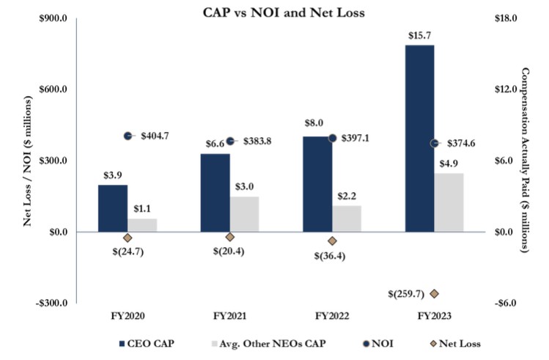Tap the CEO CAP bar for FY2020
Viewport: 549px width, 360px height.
point(113,208)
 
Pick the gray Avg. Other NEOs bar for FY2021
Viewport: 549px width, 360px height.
point(244,214)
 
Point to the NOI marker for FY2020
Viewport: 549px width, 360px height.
point(128,136)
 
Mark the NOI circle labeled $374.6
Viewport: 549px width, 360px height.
point(435,143)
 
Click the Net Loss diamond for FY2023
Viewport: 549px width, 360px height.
point(434,293)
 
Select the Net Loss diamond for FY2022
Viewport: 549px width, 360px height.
point(332,240)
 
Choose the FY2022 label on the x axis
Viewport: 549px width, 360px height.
point(332,317)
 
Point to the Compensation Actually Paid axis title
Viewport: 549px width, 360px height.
point(525,161)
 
